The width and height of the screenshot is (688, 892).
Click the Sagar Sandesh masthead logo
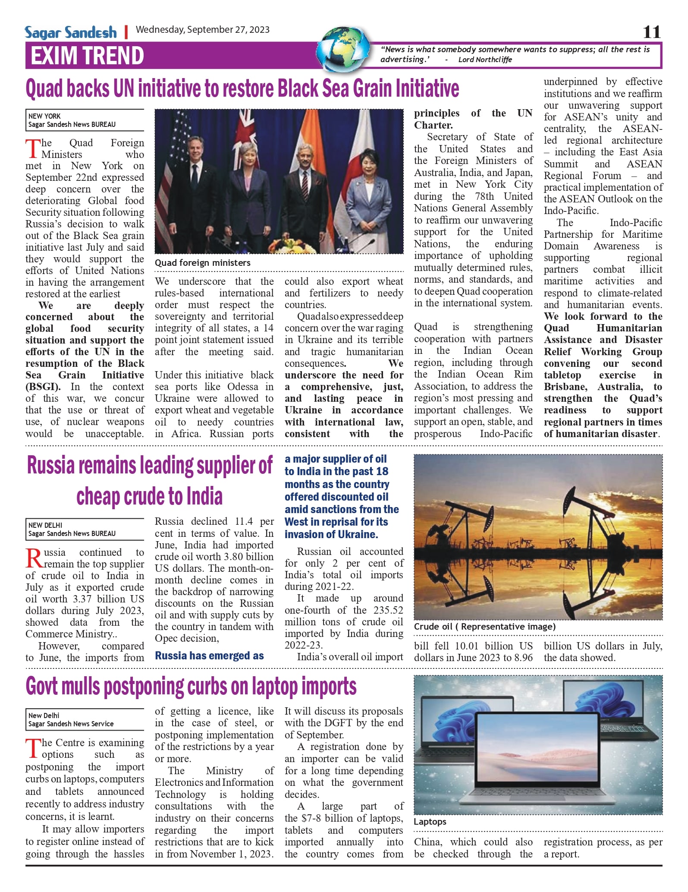tap(71, 33)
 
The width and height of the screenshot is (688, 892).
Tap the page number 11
tap(651, 32)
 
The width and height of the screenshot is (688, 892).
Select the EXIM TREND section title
tap(87, 56)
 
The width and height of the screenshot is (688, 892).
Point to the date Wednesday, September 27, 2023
tap(202, 30)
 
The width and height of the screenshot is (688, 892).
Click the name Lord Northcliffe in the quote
tap(485, 60)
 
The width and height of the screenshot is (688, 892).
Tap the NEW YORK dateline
tap(44, 116)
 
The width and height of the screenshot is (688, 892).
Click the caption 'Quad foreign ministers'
tap(202, 263)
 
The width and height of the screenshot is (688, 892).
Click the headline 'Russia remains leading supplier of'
tap(149, 465)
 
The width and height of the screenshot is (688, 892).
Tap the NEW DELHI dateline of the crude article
tap(45, 525)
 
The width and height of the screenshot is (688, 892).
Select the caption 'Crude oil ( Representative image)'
tap(485, 627)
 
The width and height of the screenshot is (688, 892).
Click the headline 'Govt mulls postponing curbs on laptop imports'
tap(191, 687)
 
